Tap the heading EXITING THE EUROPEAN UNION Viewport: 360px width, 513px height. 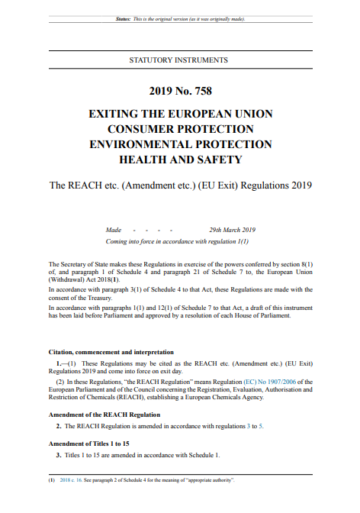click(x=179, y=114)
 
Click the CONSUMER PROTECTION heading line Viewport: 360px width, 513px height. click(x=179, y=129)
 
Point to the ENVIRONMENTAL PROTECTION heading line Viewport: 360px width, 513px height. click(x=179, y=144)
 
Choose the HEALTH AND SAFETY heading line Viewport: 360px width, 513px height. click(x=179, y=160)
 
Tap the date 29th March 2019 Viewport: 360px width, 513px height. click(x=232, y=230)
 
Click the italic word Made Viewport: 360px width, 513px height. click(x=113, y=230)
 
